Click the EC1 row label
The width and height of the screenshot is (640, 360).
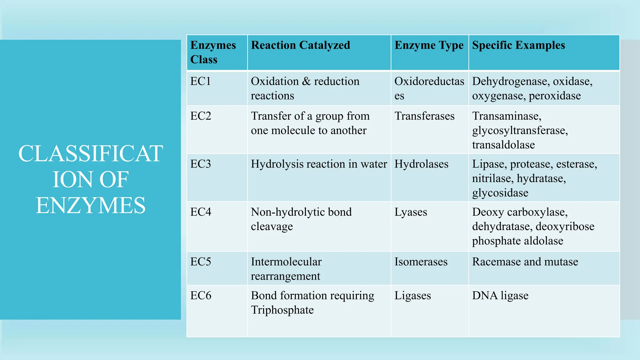click(201, 82)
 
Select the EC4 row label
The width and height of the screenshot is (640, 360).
click(201, 212)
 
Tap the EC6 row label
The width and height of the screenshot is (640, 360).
click(201, 296)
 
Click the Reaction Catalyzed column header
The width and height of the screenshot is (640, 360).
click(300, 45)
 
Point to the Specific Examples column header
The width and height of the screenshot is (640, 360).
click(518, 45)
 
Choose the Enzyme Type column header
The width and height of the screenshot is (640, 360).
click(429, 46)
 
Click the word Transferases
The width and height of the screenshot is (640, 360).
click(424, 116)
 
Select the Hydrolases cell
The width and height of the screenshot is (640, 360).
click(421, 164)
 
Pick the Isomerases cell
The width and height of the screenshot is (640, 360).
click(421, 262)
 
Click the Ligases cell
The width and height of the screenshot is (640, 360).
click(412, 296)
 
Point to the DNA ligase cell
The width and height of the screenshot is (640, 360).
click(500, 296)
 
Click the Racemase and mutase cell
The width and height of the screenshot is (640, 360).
click(525, 262)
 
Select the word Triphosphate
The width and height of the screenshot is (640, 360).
click(282, 310)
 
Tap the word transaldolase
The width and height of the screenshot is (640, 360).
click(503, 145)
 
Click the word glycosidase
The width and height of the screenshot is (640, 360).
click(500, 193)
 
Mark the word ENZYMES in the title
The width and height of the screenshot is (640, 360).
click(91, 206)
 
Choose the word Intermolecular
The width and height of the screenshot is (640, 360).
click(286, 262)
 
